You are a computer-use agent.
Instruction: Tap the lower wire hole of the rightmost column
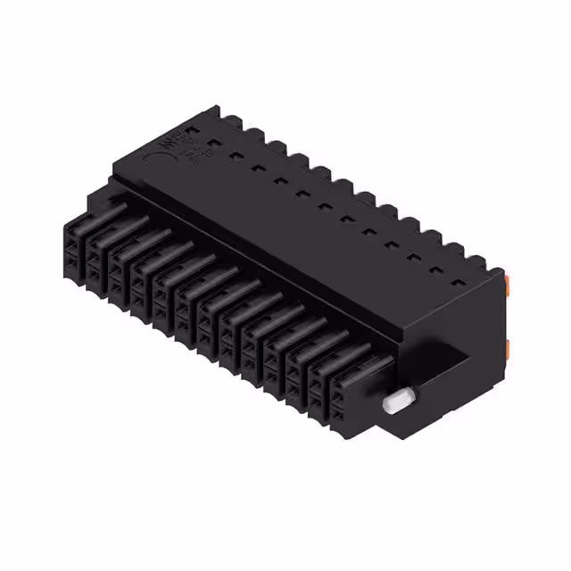341,419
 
